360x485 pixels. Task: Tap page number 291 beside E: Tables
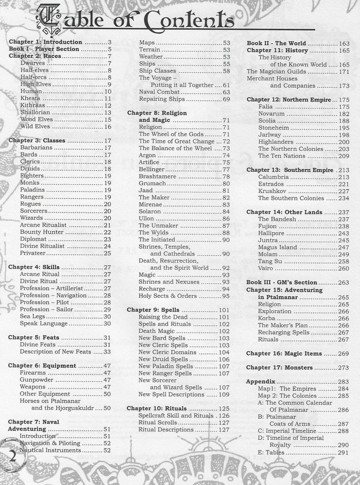pyautogui.click(x=343, y=453)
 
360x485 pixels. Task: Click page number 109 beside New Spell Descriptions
pyautogui.click(x=224, y=394)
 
